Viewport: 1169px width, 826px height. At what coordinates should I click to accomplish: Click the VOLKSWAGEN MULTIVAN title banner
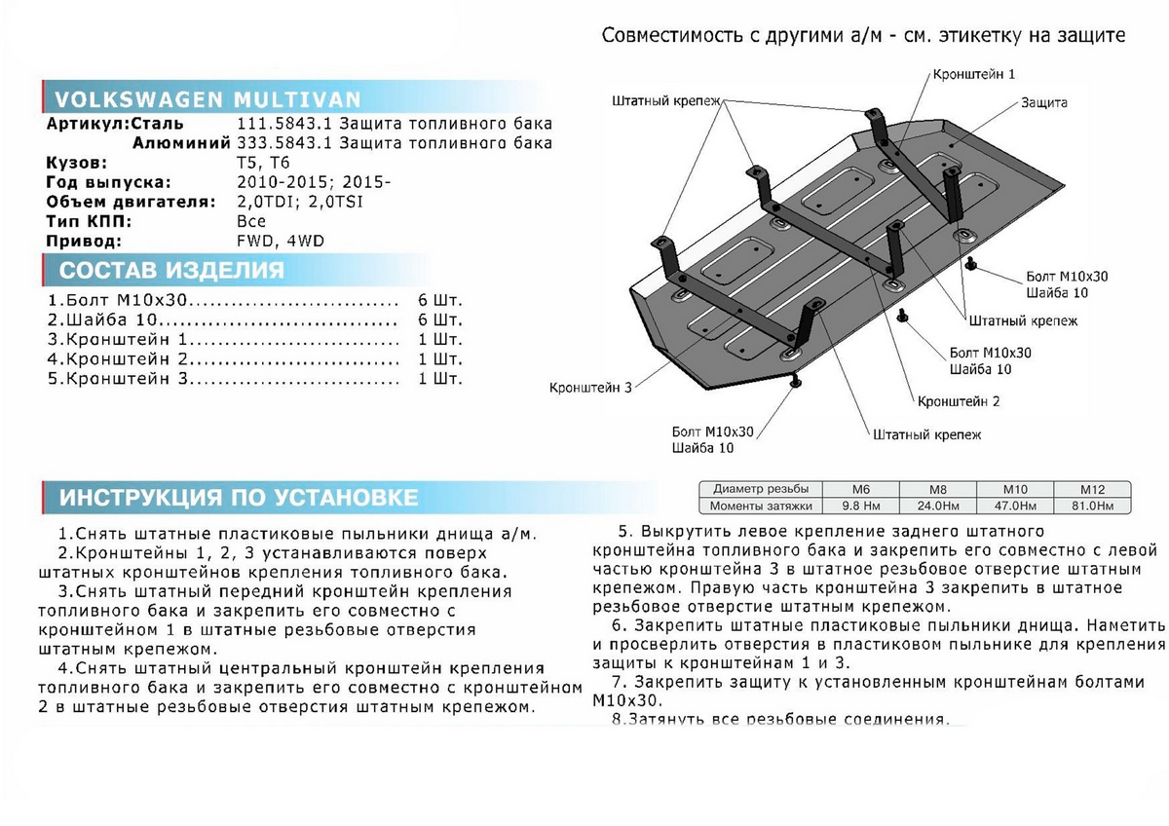coord(207,100)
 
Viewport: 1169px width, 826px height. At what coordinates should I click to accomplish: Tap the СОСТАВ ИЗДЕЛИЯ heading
coord(171,271)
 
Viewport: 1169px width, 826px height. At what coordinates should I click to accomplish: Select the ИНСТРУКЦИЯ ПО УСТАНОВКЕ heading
coord(239,498)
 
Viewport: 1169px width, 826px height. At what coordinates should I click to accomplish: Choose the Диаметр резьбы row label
coord(761,489)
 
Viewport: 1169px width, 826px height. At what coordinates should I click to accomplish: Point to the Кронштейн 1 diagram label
coord(974,74)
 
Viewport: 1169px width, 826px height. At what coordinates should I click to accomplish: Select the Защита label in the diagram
coord(1044,102)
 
